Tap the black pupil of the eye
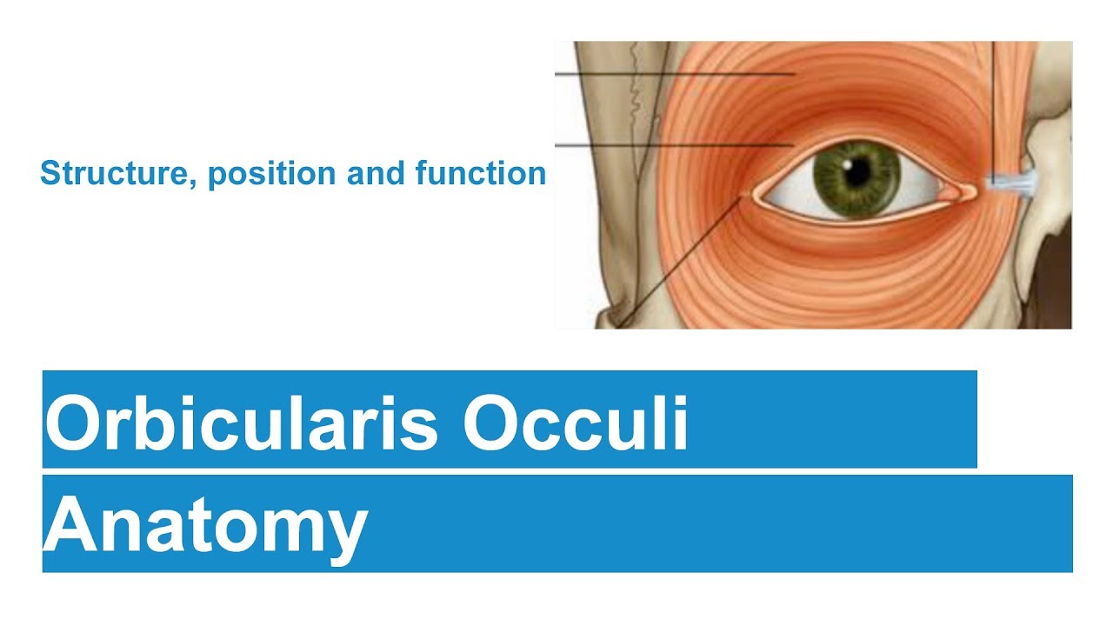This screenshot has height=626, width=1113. (856, 170)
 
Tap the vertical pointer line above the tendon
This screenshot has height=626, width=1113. (993, 104)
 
